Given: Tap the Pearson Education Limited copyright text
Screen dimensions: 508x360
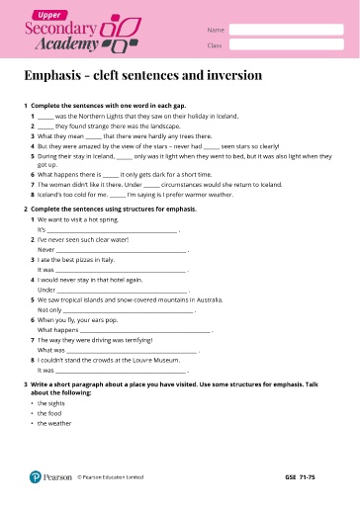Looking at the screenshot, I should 111,476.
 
